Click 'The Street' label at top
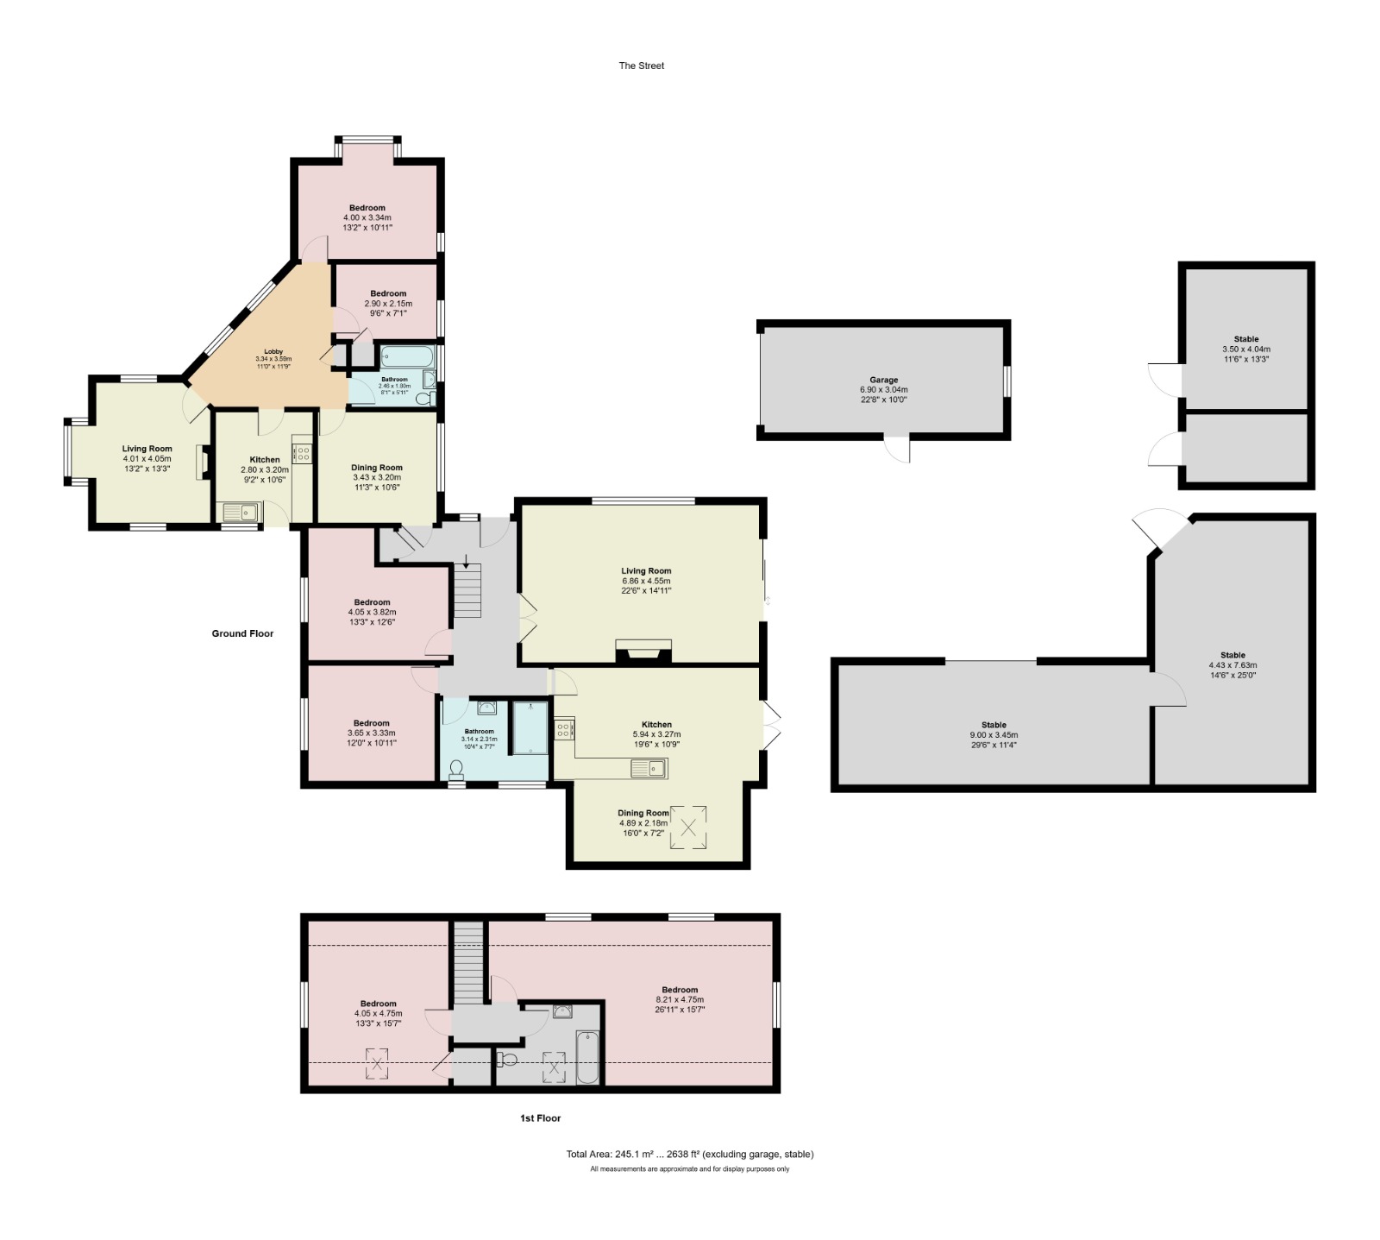click(x=641, y=66)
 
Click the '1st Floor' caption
click(x=540, y=1117)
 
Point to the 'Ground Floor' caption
click(x=242, y=633)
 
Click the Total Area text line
click(x=689, y=1154)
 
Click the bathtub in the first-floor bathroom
click(x=586, y=1056)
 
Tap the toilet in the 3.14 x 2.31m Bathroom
click(x=455, y=770)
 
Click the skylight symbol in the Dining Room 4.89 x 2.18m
click(x=688, y=828)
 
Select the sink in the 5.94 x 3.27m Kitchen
click(x=648, y=767)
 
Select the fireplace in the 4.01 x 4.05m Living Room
click(x=201, y=462)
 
